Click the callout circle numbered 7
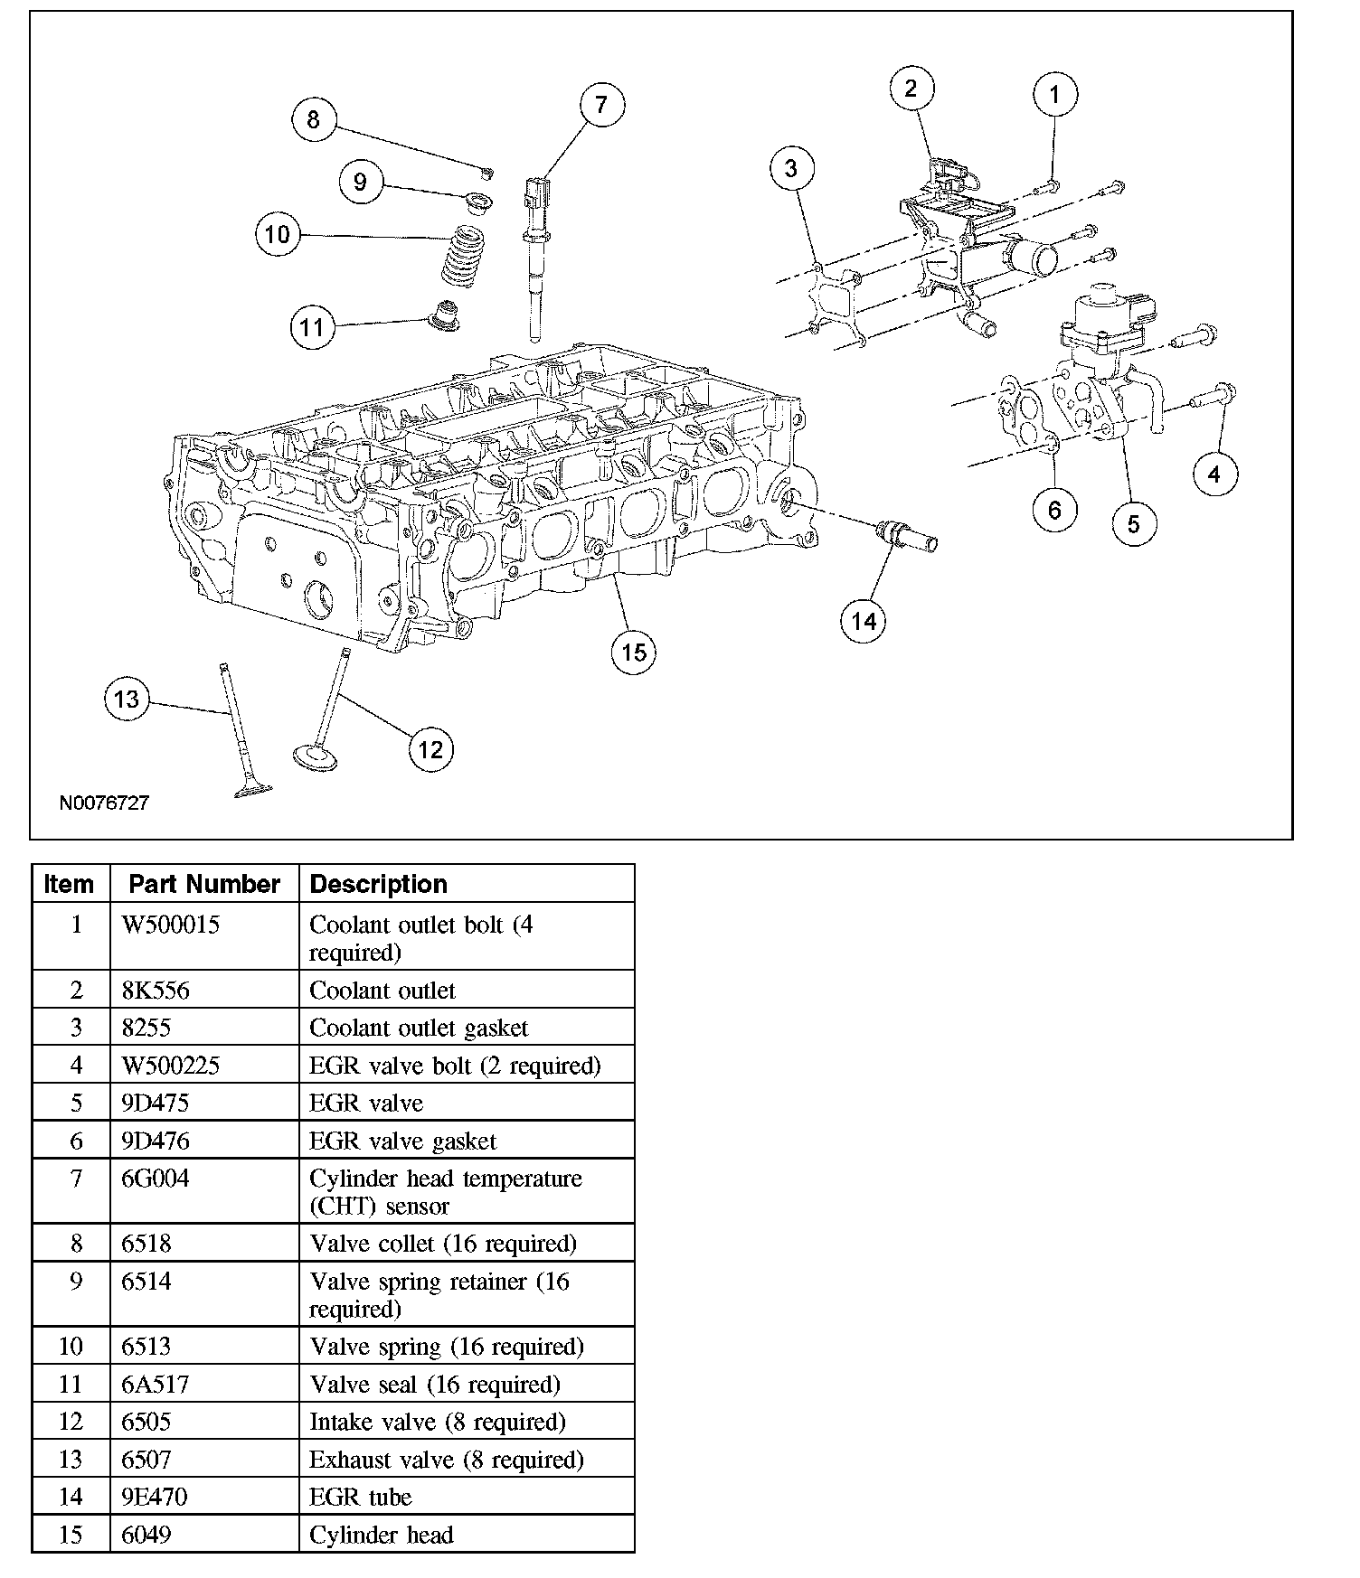[601, 105]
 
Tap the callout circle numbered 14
[864, 621]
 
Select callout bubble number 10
[277, 235]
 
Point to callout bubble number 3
[791, 168]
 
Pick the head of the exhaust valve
[252, 791]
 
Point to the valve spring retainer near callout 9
[478, 200]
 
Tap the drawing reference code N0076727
[104, 803]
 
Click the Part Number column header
[204, 884]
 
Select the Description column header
[378, 884]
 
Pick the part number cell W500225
[171, 1066]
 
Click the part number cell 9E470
[155, 1497]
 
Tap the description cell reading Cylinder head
[381, 1535]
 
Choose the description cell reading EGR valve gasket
[402, 1141]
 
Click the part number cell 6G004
[156, 1179]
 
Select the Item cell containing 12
[71, 1422]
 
